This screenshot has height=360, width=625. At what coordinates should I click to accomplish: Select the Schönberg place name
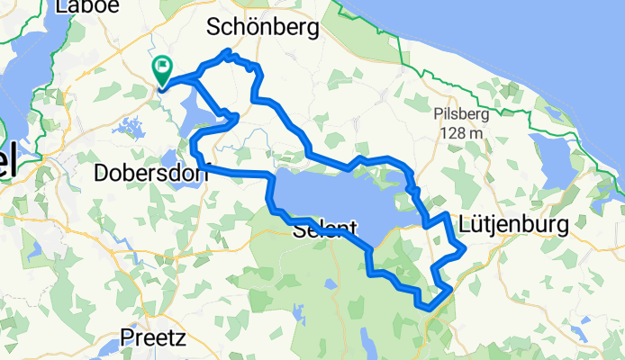coord(262,29)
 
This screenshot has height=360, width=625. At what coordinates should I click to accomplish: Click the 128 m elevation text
coord(462,133)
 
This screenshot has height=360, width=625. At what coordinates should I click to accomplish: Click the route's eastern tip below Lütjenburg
coord(463,247)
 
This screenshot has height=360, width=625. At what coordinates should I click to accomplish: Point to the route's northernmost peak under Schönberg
coord(229,51)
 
